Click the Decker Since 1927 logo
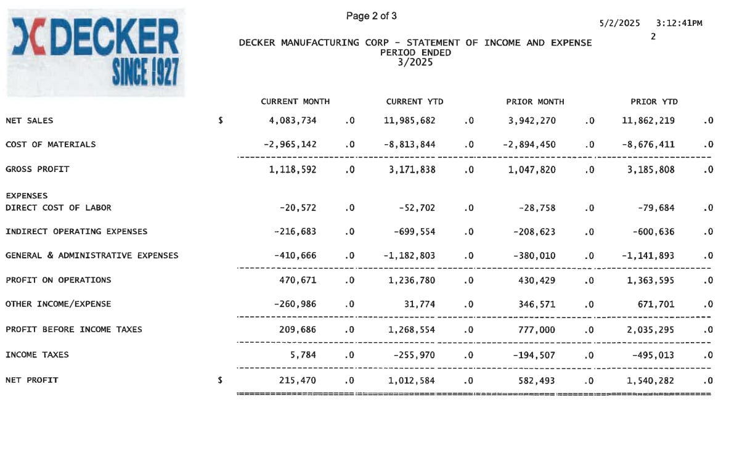(96, 53)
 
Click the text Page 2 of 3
(371, 16)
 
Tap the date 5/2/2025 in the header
(619, 23)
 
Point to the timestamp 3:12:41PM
(679, 23)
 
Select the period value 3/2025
(415, 62)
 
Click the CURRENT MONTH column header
(295, 102)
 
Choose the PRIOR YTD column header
(654, 102)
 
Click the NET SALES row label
(29, 121)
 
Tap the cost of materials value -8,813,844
(409, 145)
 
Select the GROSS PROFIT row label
(37, 169)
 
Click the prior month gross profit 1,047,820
(532, 170)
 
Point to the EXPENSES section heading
(26, 196)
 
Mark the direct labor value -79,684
(653, 208)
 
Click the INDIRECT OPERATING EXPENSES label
(76, 232)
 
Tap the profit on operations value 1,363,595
(651, 280)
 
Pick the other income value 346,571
(536, 305)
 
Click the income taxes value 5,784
(304, 355)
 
